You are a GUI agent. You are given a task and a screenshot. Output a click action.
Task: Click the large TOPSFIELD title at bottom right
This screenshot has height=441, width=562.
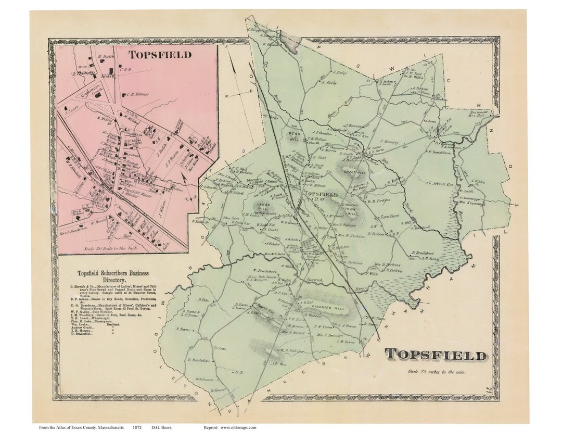tap(436, 356)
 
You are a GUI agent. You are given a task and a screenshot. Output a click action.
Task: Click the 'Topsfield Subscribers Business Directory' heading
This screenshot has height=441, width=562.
tap(113, 276)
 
